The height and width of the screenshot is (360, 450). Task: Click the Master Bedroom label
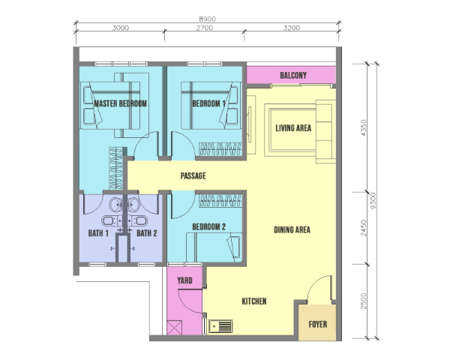click(120, 103)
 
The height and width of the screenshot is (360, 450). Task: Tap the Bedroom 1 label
click(208, 103)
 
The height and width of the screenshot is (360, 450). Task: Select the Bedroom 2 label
click(209, 226)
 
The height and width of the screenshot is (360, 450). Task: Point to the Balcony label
click(293, 76)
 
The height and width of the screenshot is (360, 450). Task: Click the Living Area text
click(293, 128)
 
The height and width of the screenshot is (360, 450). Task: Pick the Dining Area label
click(292, 229)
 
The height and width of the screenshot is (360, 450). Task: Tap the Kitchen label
click(254, 301)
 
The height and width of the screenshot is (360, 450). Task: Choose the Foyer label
click(318, 325)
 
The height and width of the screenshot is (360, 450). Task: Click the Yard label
click(184, 280)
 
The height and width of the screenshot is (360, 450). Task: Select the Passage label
click(193, 175)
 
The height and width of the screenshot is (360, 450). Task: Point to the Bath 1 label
click(98, 233)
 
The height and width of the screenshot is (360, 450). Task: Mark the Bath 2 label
click(147, 233)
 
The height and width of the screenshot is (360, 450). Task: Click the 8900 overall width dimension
click(207, 19)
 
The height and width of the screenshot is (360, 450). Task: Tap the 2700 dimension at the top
click(205, 28)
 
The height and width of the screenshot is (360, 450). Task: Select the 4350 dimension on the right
click(364, 127)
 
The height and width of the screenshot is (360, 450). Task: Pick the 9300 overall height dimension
click(373, 201)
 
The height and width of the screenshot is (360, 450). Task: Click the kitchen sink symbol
click(220, 326)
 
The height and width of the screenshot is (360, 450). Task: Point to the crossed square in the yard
click(174, 328)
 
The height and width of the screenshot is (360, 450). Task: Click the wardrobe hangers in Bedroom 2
click(220, 200)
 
